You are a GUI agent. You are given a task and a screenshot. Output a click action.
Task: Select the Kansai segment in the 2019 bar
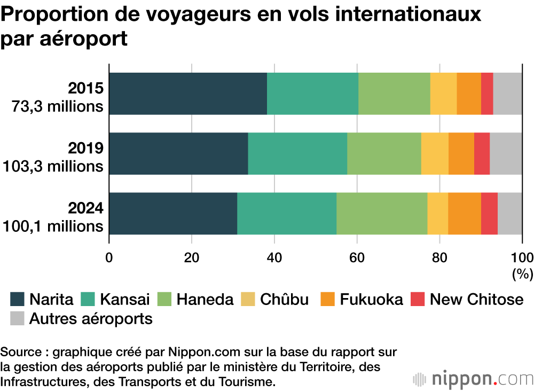pyautogui.click(x=297, y=153)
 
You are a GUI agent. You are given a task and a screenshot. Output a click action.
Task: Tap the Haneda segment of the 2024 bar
pyautogui.click(x=382, y=213)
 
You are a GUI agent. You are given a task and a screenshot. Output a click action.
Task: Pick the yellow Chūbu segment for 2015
pyautogui.click(x=443, y=93)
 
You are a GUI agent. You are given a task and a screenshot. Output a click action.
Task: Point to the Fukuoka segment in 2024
pyautogui.click(x=465, y=213)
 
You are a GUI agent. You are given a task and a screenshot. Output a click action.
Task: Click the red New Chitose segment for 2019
pyautogui.click(x=482, y=153)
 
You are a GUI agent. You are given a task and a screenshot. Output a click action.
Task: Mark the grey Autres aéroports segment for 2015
pyautogui.click(x=507, y=93)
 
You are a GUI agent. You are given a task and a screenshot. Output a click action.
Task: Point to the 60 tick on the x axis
pyautogui.click(x=357, y=257)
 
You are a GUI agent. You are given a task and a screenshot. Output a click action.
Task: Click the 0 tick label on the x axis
pyautogui.click(x=109, y=257)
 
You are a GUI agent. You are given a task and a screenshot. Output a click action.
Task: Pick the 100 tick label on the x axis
pyautogui.click(x=522, y=257)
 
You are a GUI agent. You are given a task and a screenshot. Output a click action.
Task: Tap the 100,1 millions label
pyautogui.click(x=53, y=226)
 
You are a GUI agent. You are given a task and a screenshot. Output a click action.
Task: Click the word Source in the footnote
pyautogui.click(x=18, y=353)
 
